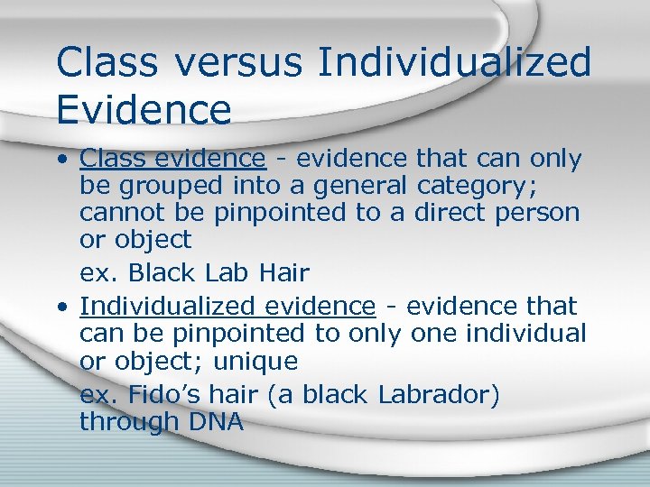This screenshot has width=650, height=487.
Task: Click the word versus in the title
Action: click(x=241, y=63)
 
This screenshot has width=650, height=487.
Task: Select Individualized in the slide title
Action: click(x=457, y=63)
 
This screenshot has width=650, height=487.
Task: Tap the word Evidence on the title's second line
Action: click(x=144, y=109)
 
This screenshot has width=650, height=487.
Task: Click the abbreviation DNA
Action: click(x=210, y=421)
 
